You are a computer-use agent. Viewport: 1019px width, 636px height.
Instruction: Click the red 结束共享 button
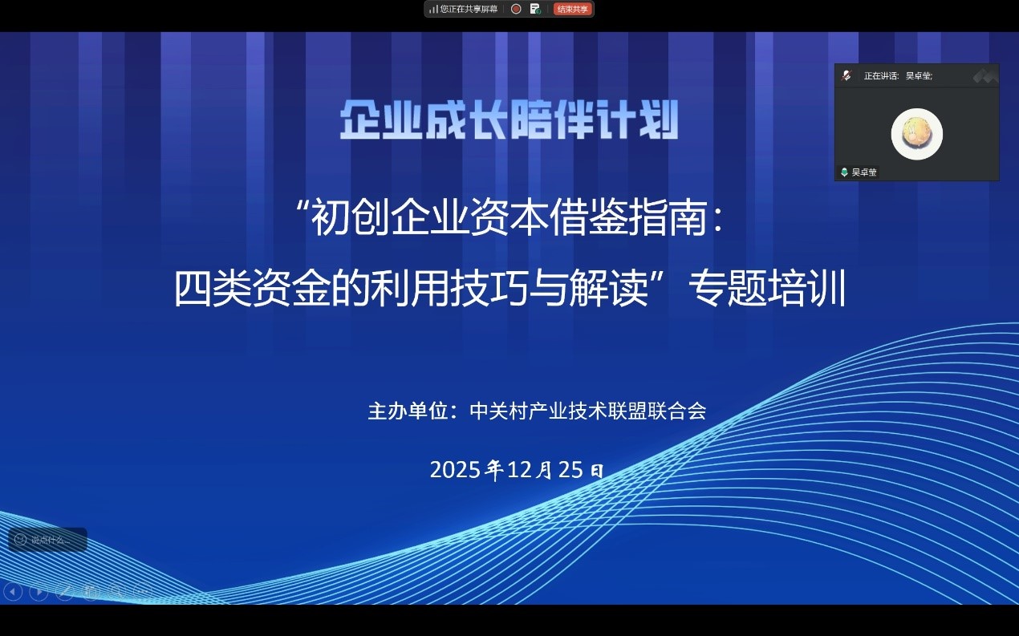coord(573,9)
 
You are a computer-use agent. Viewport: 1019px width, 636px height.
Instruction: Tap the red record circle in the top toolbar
coord(516,9)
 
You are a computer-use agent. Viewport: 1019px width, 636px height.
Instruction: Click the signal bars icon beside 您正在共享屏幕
coord(433,9)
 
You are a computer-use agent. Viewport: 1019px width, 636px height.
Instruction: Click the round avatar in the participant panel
coord(916,134)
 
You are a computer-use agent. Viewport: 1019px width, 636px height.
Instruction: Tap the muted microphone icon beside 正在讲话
coord(846,75)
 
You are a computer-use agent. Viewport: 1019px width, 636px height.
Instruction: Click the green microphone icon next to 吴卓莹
coord(844,172)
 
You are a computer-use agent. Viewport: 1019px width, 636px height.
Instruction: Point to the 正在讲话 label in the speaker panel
coord(881,76)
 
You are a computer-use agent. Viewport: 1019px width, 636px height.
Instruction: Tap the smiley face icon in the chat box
coord(20,540)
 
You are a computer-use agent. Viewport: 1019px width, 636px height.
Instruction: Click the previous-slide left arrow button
coord(13,592)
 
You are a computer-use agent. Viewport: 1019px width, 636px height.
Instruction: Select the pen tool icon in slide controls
coord(65,592)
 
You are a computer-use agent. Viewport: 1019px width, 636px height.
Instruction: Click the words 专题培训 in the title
coord(767,290)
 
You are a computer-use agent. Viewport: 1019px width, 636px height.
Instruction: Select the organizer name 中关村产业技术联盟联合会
coord(588,411)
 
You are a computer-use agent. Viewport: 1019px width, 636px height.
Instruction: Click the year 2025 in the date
coord(456,469)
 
